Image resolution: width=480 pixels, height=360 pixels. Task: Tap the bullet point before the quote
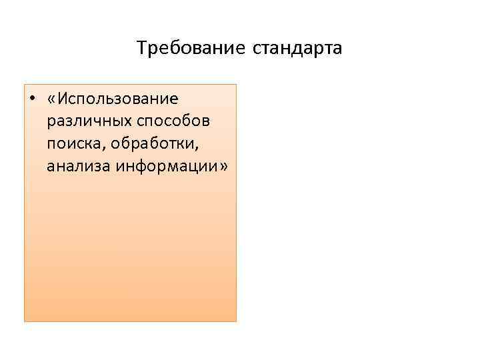pos(31,99)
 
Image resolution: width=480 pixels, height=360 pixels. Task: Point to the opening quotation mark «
pos(52,99)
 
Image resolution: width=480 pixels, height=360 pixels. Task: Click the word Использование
pos(117,99)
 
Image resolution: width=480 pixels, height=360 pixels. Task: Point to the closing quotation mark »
pos(223,166)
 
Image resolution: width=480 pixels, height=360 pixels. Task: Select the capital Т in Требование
pos(141,49)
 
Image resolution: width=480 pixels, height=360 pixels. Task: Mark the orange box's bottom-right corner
pos(236,321)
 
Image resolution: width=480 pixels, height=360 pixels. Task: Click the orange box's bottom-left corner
pos(25,321)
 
